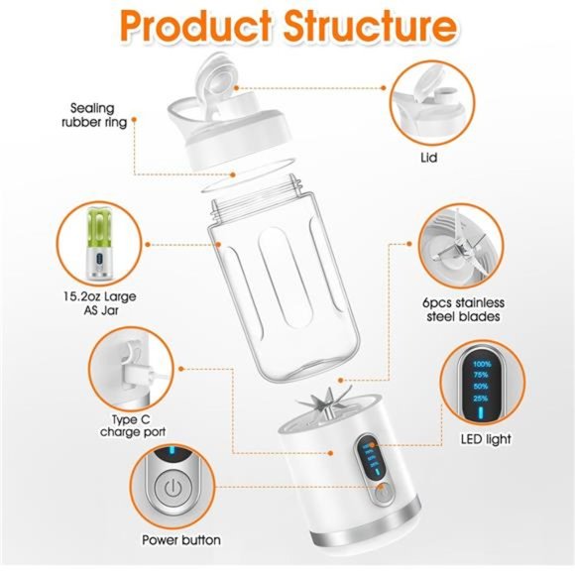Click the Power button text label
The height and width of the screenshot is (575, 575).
tap(180, 540)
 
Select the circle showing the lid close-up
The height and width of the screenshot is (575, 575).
tap(428, 100)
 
